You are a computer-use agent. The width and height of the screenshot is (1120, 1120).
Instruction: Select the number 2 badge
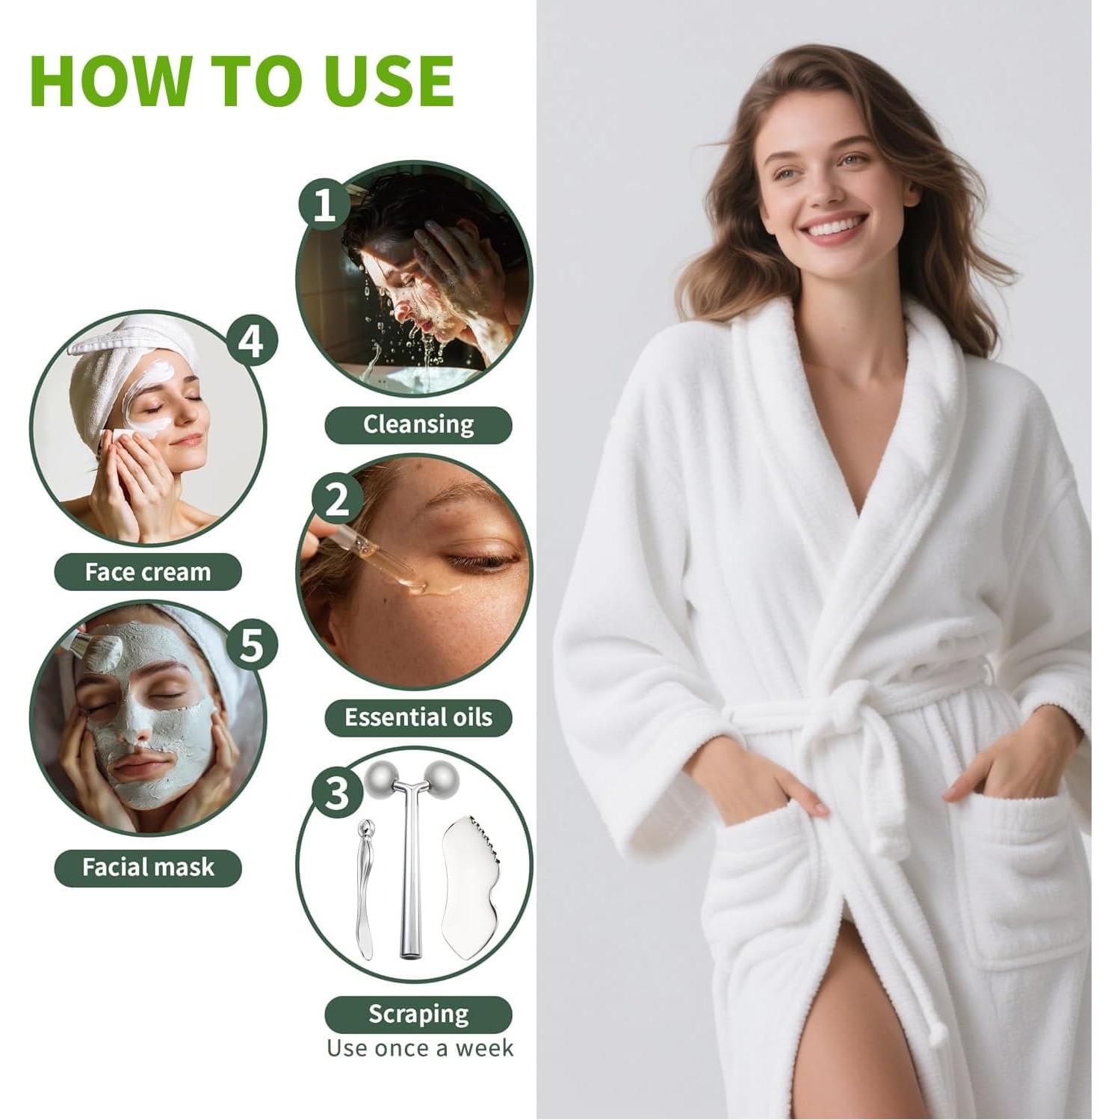(x=338, y=498)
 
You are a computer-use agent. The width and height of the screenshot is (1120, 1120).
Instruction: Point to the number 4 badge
(x=252, y=341)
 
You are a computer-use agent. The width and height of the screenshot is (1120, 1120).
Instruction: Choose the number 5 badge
(x=252, y=644)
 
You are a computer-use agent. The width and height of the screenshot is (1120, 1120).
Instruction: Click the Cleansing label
(x=418, y=424)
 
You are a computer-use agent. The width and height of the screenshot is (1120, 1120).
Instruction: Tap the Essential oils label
(x=418, y=718)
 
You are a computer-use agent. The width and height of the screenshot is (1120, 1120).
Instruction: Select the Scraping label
(x=418, y=1014)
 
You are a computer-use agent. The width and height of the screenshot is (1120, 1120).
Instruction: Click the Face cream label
(x=148, y=572)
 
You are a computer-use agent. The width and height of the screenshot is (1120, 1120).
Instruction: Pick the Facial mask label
(x=148, y=867)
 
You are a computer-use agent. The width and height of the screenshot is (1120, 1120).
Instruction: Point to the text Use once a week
(x=420, y=1048)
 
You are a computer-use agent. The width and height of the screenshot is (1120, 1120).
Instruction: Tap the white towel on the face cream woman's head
(x=120, y=351)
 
